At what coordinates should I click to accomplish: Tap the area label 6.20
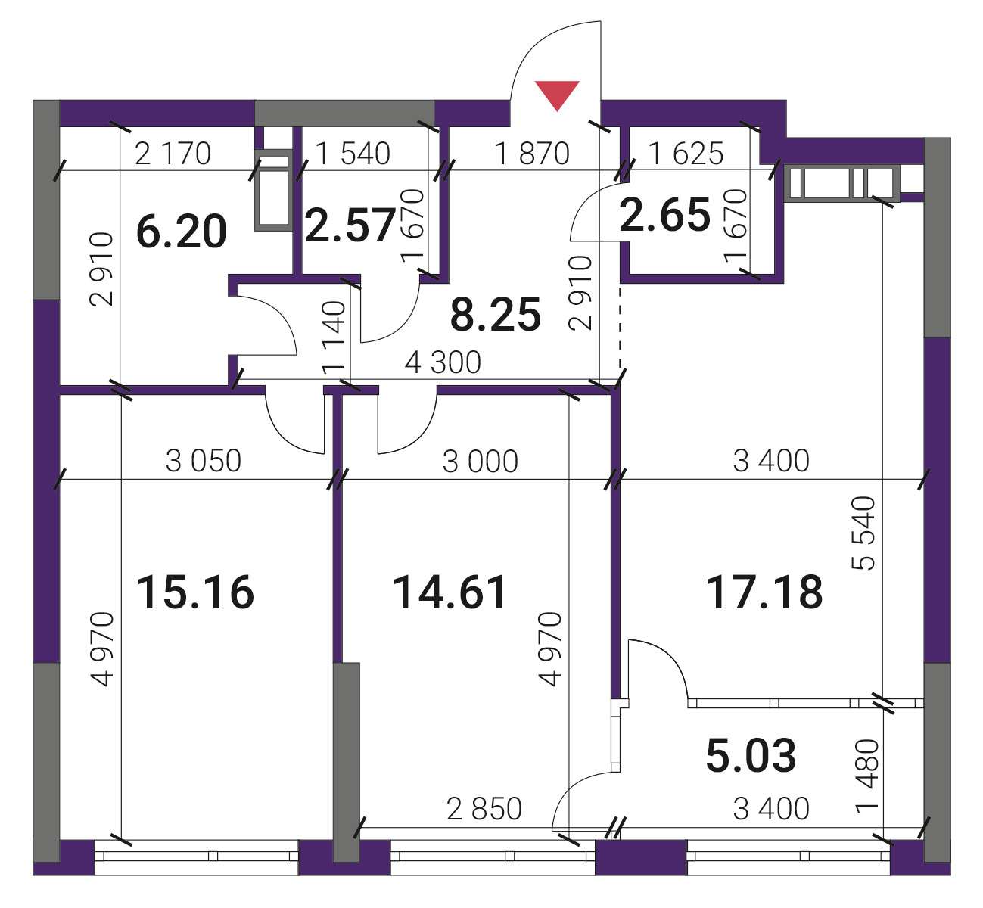(181, 232)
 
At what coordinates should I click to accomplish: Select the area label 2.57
(350, 225)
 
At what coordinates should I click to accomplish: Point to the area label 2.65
(664, 214)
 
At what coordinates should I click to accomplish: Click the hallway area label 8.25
(496, 314)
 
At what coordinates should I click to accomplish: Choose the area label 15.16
(195, 592)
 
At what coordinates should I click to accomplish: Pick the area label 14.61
(450, 592)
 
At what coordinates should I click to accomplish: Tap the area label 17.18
(764, 592)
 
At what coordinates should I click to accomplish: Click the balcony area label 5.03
(751, 755)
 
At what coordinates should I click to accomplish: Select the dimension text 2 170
(173, 154)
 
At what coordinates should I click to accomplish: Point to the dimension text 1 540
(353, 154)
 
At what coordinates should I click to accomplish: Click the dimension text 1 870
(532, 154)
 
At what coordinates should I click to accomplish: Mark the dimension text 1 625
(686, 154)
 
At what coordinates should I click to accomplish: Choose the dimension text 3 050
(204, 461)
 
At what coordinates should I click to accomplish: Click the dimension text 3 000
(480, 461)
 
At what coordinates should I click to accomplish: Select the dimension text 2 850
(484, 809)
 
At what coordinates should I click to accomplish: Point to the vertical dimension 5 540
(863, 533)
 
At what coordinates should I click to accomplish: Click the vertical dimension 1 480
(867, 777)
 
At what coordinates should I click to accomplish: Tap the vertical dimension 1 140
(333, 338)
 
